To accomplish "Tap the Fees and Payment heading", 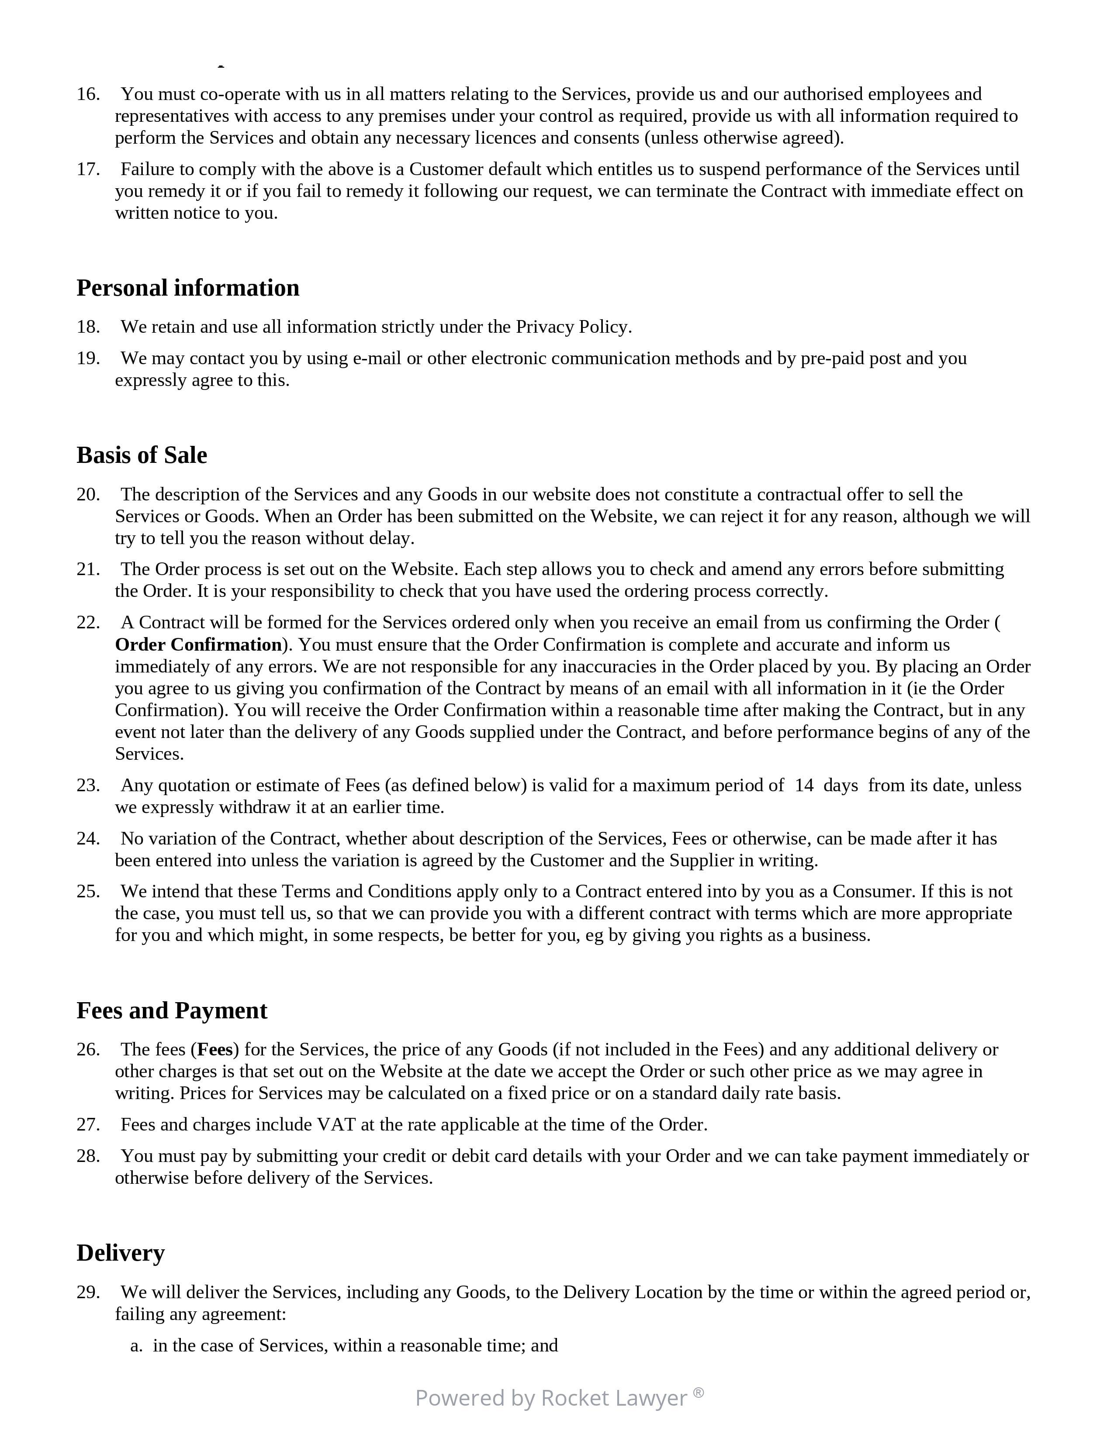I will tap(172, 1010).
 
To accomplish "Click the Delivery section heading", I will tap(120, 1252).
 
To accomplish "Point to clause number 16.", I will tap(88, 94).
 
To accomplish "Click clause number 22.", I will tap(88, 622).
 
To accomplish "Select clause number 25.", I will tap(88, 891).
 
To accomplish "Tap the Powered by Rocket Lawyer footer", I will tap(551, 1397).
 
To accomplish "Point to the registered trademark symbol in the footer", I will tap(698, 1392).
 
